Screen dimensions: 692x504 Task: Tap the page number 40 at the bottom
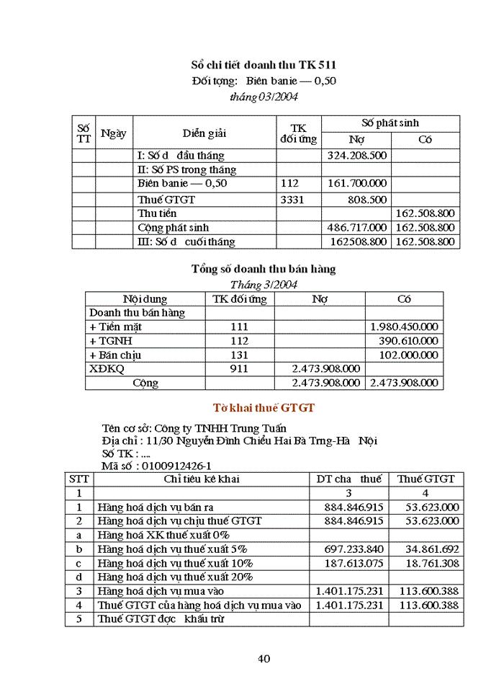(x=264, y=658)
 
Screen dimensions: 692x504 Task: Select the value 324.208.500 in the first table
(x=356, y=155)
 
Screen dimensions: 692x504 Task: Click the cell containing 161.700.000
(x=356, y=184)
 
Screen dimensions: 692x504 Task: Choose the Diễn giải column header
(x=204, y=133)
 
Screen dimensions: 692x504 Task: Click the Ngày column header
(x=114, y=133)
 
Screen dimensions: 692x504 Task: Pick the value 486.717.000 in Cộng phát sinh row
(x=356, y=228)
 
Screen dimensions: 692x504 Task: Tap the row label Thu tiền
(x=157, y=213)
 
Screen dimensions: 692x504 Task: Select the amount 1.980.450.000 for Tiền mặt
(x=403, y=327)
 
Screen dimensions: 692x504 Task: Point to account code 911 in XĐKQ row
(x=239, y=368)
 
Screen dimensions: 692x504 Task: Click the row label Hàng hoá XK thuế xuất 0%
(x=163, y=535)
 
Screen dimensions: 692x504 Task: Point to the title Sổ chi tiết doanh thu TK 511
(x=263, y=66)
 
